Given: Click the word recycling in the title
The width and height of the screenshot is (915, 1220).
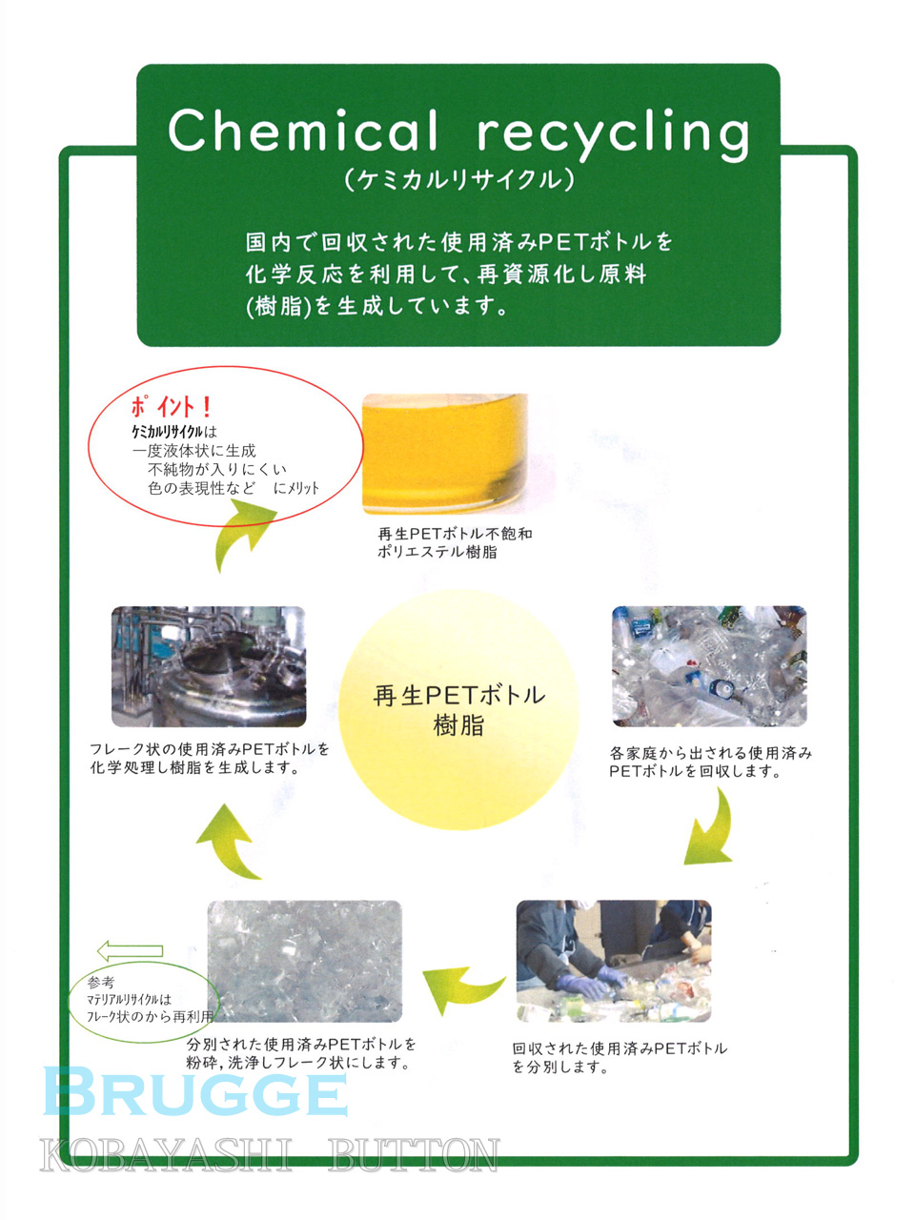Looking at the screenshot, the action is pyautogui.click(x=613, y=136).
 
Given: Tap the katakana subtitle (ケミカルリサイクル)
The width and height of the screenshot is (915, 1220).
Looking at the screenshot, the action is pyautogui.click(x=458, y=181).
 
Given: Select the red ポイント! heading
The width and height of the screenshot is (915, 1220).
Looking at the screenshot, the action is pyautogui.click(x=171, y=407).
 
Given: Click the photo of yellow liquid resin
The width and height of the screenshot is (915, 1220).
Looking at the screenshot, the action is pyautogui.click(x=445, y=454).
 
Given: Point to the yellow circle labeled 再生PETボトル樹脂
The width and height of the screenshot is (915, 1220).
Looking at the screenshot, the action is pyautogui.click(x=458, y=710).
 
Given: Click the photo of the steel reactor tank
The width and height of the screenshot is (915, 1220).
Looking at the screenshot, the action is pyautogui.click(x=209, y=666).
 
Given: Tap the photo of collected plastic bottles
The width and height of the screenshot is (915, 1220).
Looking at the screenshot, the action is pyautogui.click(x=709, y=666).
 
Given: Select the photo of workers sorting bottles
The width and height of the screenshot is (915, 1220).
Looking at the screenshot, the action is pyautogui.click(x=613, y=961).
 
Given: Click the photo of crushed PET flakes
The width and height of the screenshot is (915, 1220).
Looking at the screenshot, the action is pyautogui.click(x=304, y=961).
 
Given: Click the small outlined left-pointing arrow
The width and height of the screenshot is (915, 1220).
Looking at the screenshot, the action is pyautogui.click(x=130, y=950).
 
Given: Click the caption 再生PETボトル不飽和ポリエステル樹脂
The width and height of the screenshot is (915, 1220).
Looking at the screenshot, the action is pyautogui.click(x=455, y=542).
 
